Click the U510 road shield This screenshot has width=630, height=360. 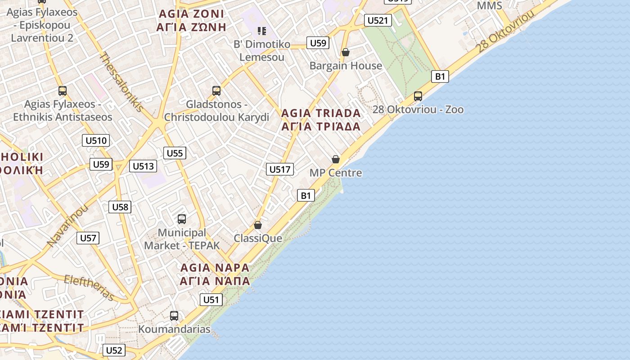point(96,140)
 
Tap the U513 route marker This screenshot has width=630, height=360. point(143,166)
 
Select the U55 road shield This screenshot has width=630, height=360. point(175,153)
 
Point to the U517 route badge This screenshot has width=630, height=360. point(280,169)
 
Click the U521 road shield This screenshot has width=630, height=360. point(378,20)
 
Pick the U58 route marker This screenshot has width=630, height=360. point(120,207)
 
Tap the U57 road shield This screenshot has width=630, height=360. point(88,238)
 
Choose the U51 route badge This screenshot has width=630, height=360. point(211,300)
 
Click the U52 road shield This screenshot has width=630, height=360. point(114,350)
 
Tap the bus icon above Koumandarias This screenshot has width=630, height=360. point(174,316)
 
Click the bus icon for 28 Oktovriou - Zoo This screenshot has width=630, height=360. point(418,96)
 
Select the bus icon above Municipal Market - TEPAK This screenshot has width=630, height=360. point(182,219)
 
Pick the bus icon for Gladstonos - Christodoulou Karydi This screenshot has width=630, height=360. point(216,91)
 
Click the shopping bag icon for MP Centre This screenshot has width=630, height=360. point(336,159)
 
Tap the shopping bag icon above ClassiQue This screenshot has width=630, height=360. point(258,225)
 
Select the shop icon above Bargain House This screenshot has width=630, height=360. point(346,52)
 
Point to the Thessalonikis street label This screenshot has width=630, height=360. point(121,82)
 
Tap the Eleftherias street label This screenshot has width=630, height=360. point(89,287)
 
